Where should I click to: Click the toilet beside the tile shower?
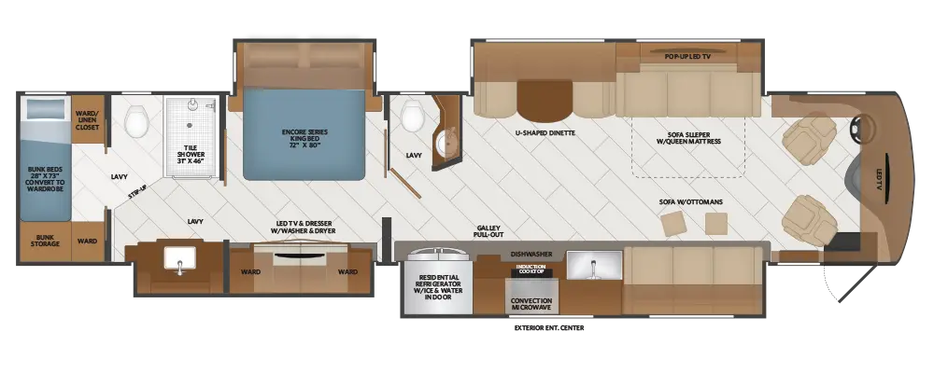[136, 118]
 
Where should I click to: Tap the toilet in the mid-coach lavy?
[411, 117]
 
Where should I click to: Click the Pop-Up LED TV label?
[687, 57]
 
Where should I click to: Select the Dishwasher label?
[530, 253]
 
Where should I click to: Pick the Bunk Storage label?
[47, 242]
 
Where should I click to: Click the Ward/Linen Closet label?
[89, 117]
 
